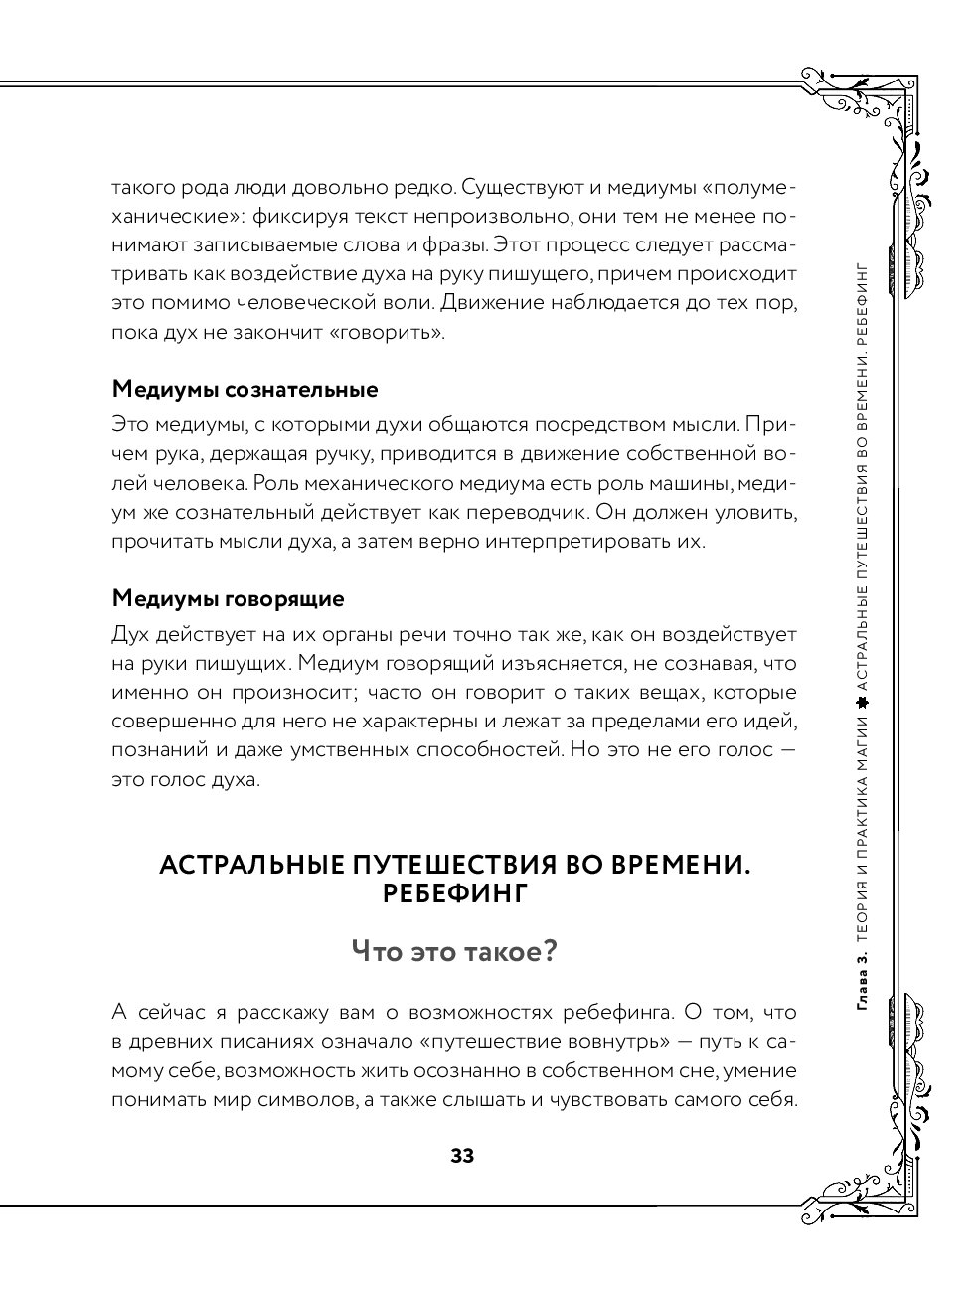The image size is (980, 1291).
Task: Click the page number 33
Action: (x=462, y=1156)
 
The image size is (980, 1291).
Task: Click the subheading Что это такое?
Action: (x=454, y=951)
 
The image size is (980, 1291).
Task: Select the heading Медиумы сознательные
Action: (x=245, y=388)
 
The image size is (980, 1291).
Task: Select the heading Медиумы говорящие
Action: (x=229, y=599)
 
